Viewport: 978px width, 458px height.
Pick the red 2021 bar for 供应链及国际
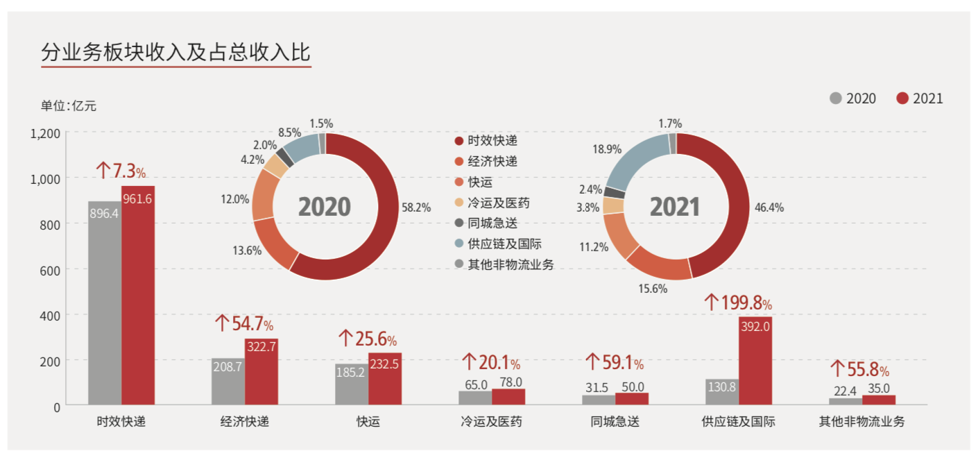click(x=755, y=361)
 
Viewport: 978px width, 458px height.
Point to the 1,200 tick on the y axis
click(x=46, y=133)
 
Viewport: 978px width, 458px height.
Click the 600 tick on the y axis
click(x=51, y=269)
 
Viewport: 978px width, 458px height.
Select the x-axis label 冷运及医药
click(x=491, y=421)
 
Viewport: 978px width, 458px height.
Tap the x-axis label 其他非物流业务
click(x=862, y=421)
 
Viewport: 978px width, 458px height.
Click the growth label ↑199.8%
click(x=738, y=303)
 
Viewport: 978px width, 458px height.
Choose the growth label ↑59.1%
click(x=615, y=362)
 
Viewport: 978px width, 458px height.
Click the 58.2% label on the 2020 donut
click(x=416, y=207)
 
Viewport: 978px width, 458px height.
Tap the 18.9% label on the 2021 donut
click(x=607, y=149)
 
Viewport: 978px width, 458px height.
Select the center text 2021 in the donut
click(x=675, y=207)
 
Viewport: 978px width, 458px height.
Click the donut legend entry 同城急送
click(x=492, y=223)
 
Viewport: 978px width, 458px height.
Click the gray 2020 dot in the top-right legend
click(x=835, y=99)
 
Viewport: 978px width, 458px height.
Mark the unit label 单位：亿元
click(x=68, y=105)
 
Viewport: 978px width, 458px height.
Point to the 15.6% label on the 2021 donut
click(x=653, y=288)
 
